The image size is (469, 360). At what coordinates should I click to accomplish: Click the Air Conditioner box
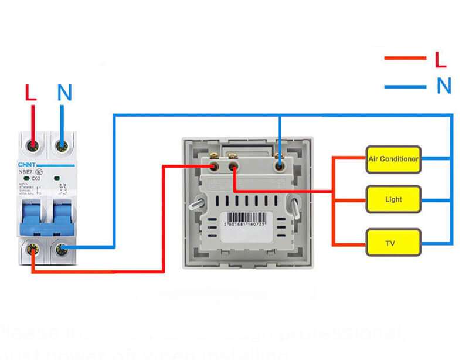(393, 159)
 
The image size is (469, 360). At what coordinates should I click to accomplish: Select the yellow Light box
(393, 199)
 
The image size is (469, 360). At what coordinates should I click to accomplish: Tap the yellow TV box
(393, 242)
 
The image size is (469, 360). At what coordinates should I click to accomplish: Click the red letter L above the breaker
(32, 93)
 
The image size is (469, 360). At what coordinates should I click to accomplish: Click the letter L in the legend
(441, 59)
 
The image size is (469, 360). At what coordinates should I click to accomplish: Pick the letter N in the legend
(444, 87)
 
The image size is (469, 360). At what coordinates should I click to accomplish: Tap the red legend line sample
(405, 58)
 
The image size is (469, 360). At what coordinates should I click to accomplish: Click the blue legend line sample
(405, 87)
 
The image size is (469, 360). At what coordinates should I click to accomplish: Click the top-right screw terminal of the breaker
(60, 144)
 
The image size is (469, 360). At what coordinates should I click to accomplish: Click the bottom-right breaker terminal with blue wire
(60, 249)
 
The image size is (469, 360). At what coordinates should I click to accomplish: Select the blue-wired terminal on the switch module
(281, 167)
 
